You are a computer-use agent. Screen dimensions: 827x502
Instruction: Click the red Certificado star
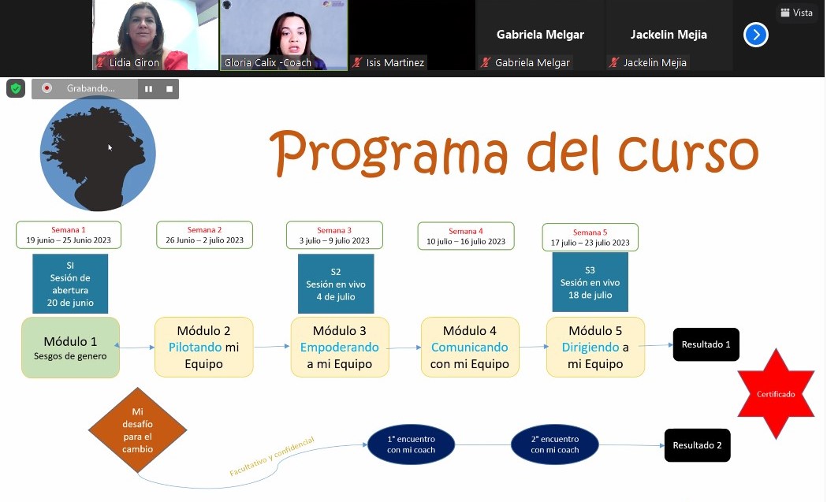776,394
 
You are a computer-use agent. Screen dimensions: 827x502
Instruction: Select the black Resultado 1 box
706,344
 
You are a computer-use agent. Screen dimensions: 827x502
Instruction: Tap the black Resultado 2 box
697,445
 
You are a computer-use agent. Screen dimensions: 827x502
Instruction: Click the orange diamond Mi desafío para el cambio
138,429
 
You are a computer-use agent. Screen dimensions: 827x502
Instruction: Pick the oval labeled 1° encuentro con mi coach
411,444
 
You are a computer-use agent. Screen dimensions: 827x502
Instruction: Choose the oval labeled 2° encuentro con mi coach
555,444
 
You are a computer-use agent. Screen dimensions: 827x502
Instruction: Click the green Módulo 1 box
70,348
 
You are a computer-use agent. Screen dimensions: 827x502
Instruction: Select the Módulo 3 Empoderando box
340,347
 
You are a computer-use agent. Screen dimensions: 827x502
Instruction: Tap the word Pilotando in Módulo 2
196,347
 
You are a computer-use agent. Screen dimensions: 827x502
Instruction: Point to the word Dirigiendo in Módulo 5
590,347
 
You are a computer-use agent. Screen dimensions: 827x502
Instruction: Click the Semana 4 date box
466,236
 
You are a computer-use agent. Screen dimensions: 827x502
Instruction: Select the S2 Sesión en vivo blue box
336,284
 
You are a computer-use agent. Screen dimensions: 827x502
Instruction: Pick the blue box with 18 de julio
590,282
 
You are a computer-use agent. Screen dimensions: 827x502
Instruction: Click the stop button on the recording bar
169,89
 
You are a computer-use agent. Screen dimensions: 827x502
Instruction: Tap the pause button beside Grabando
149,89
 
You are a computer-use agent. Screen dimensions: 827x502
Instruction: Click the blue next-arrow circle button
756,35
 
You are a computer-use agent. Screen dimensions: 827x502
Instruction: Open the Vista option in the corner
796,13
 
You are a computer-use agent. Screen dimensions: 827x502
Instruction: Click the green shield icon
16,88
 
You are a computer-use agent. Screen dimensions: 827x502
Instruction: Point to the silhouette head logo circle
98,154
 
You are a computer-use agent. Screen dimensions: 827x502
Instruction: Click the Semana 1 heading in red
68,230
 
